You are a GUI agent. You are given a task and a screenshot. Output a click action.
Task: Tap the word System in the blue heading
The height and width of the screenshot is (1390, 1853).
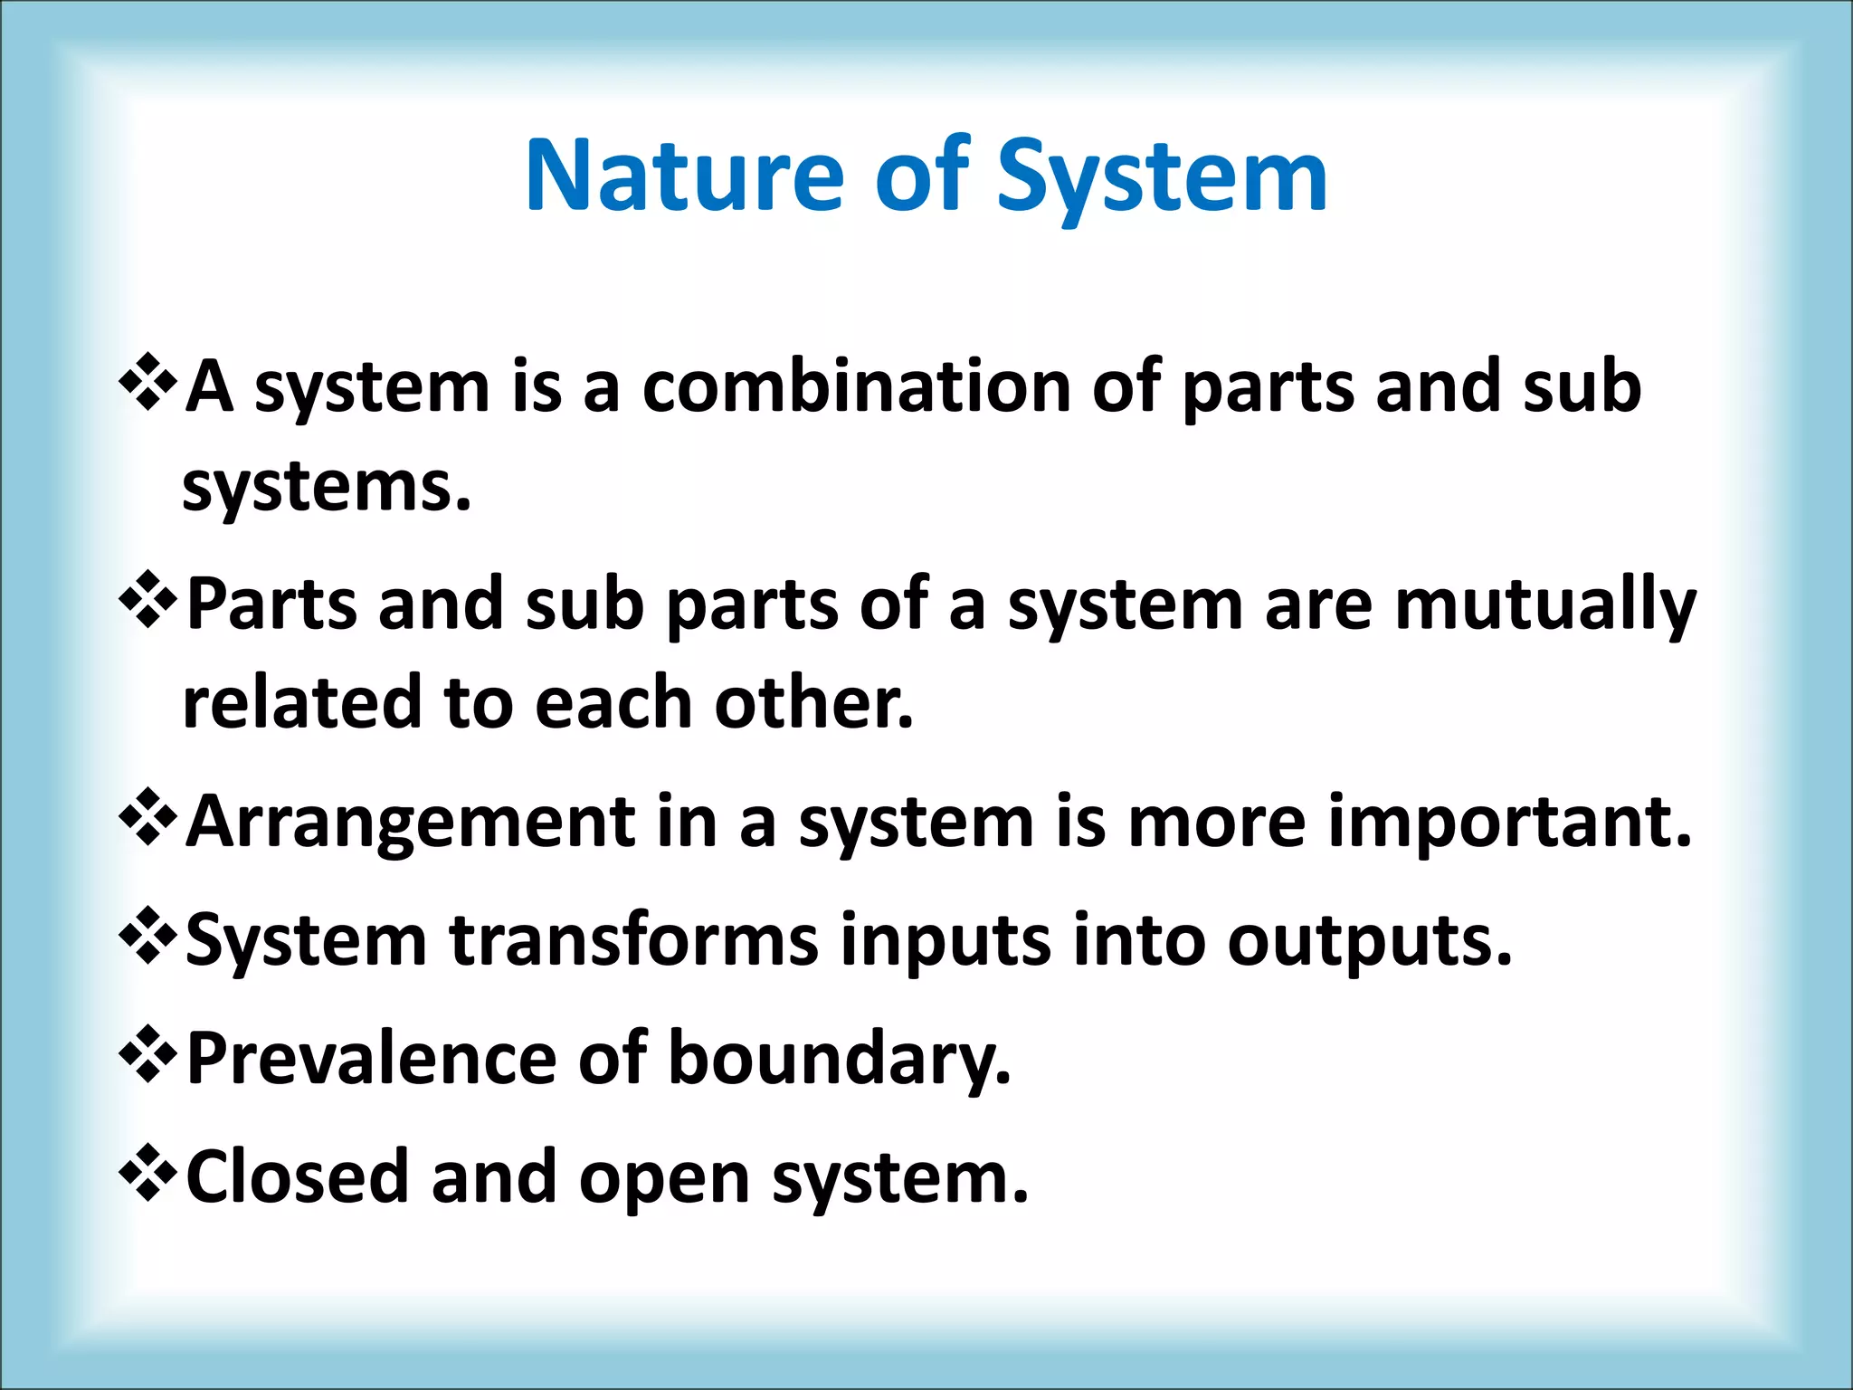[x=1162, y=176]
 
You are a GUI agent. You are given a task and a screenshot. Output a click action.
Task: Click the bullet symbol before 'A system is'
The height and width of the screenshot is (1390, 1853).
[x=147, y=385]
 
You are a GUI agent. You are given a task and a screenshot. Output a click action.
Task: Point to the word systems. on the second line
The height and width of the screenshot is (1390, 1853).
[x=327, y=489]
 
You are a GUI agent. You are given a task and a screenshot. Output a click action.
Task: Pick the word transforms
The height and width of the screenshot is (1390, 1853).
[x=633, y=941]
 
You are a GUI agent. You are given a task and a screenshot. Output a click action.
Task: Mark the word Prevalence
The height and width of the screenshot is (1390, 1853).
[x=371, y=1059]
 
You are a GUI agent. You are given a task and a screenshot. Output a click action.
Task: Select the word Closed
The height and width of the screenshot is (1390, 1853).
[x=298, y=1177]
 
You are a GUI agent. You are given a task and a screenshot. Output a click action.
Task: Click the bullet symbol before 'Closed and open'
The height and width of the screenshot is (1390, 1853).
[x=147, y=1174]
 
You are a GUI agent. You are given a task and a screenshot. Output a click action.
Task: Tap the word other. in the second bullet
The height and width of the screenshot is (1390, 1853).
[x=813, y=704]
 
